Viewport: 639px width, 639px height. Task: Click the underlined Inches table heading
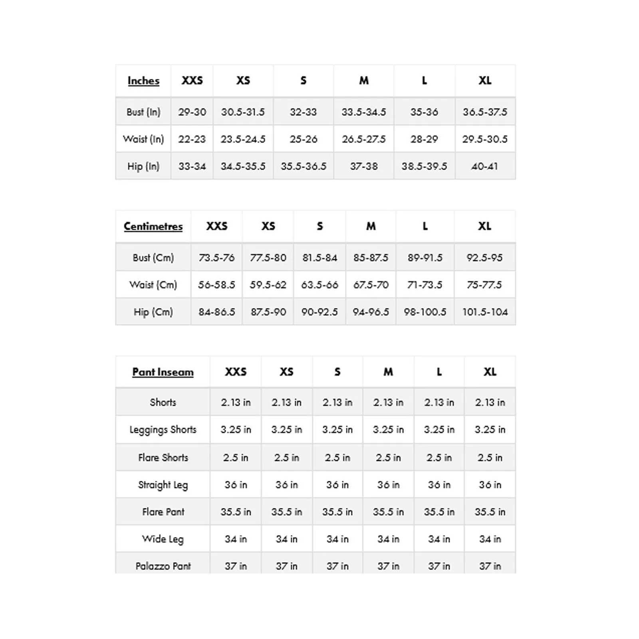point(143,81)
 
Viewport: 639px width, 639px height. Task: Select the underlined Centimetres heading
point(153,226)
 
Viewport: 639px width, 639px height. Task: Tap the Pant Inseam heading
point(163,372)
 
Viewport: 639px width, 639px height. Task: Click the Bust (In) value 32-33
point(303,112)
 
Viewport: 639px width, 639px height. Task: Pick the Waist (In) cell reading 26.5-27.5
point(363,139)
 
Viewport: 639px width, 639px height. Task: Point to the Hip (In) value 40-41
point(484,166)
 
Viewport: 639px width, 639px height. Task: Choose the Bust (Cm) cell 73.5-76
point(216,258)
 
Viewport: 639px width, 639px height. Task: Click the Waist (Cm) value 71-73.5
point(425,285)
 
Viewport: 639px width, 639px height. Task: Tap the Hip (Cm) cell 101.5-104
point(485,312)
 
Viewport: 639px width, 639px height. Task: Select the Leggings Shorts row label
point(163,430)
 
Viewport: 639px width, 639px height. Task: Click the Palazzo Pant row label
point(163,566)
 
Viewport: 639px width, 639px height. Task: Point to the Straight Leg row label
point(163,485)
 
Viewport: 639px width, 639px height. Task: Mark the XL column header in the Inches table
point(485,81)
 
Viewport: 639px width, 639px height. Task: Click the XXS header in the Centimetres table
point(216,226)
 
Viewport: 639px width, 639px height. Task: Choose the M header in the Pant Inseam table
point(388,372)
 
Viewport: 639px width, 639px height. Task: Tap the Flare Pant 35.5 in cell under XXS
point(236,512)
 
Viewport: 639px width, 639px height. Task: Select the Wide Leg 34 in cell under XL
point(490,539)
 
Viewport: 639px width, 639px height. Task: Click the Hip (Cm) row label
point(153,312)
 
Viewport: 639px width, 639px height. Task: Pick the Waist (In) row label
point(143,139)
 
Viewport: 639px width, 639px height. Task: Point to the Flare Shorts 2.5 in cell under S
point(337,458)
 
